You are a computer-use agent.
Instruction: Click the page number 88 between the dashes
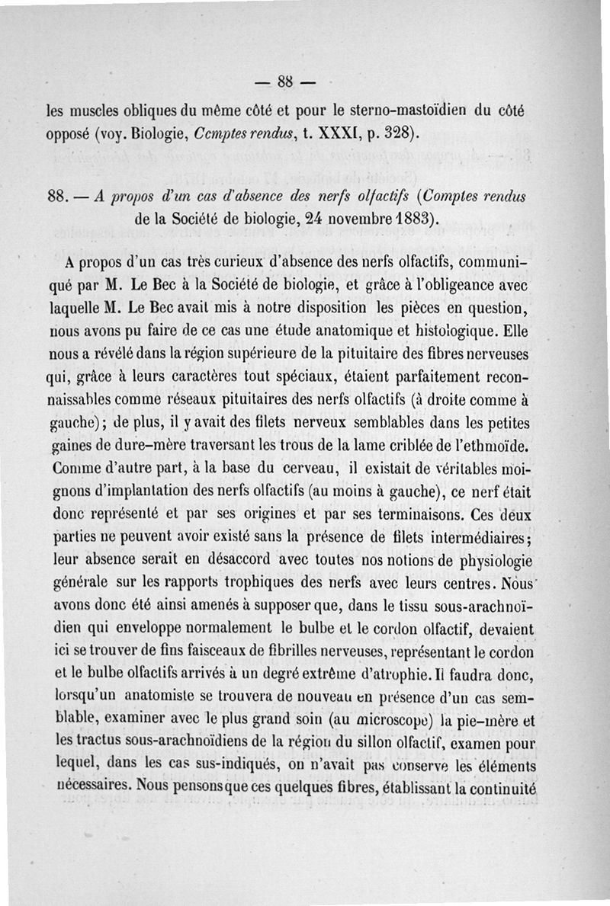[287, 80]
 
